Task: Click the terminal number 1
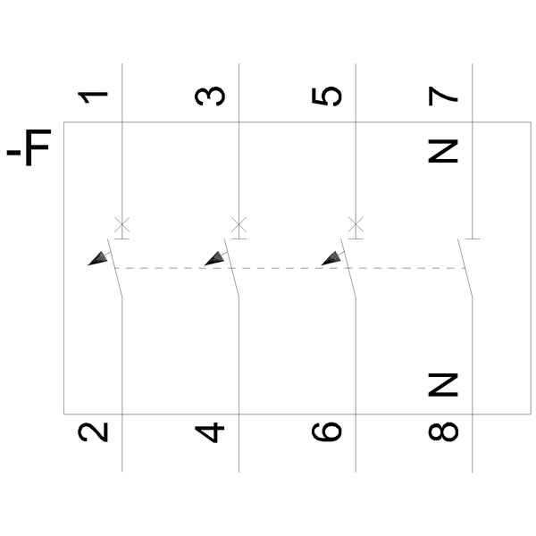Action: click(x=93, y=97)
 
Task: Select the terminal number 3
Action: click(x=210, y=96)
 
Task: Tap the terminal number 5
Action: click(x=327, y=96)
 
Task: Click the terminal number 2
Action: click(x=93, y=432)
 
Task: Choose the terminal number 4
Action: click(x=210, y=432)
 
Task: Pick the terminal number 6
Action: click(x=327, y=431)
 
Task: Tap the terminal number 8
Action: click(x=443, y=431)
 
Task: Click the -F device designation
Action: click(x=29, y=147)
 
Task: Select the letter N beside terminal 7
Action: click(x=443, y=151)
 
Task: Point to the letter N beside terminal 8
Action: click(x=443, y=385)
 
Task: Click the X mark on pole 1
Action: click(x=122, y=225)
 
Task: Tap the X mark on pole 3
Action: click(x=239, y=225)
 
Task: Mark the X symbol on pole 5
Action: click(x=356, y=225)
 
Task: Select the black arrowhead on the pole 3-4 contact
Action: click(x=215, y=259)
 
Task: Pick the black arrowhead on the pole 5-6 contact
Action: click(x=332, y=259)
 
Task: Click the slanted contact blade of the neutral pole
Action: click(x=465, y=268)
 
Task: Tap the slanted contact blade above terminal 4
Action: click(x=231, y=268)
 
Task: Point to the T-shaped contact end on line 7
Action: click(x=473, y=239)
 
